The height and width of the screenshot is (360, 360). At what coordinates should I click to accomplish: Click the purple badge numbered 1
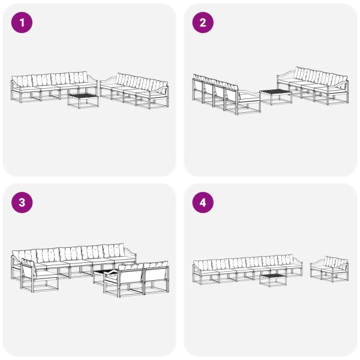pos(23,23)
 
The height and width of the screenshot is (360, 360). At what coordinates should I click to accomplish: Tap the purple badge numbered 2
pos(203,23)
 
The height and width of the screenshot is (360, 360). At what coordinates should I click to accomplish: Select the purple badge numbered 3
pos(23,203)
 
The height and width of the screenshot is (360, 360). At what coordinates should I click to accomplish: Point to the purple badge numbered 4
pos(203,203)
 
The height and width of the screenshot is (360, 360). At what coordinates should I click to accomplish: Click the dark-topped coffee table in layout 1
pos(83,98)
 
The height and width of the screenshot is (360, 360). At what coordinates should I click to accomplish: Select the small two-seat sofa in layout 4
pos(329,269)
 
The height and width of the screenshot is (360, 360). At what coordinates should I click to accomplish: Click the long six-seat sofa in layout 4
pos(246,268)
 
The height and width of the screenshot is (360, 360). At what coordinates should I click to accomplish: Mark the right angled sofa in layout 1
pos(135,90)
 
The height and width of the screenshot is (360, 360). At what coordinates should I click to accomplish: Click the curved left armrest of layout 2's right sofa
pos(284,75)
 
